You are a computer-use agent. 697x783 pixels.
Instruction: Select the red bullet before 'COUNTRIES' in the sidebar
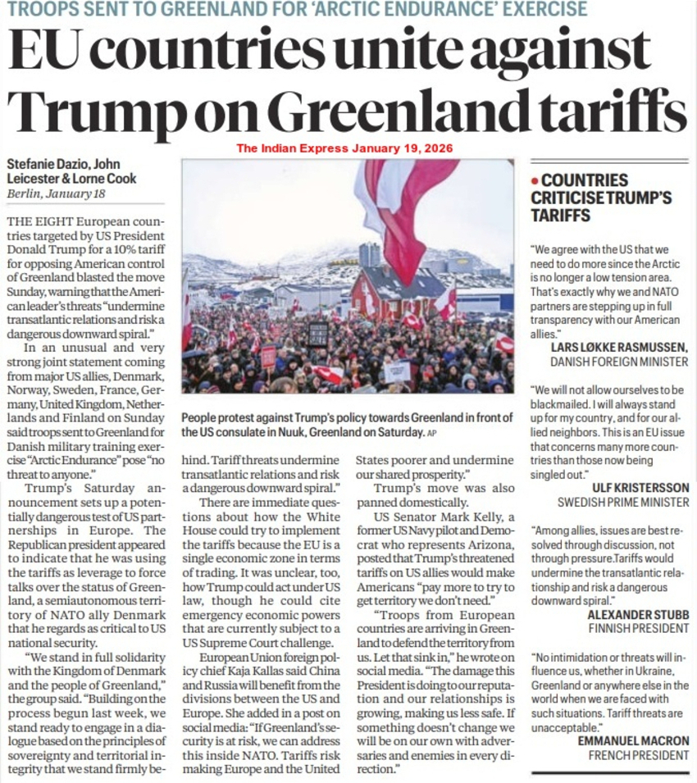(x=535, y=180)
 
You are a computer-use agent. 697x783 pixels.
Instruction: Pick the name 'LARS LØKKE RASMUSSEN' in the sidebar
(x=620, y=348)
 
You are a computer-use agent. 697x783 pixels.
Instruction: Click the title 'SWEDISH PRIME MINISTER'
(x=623, y=502)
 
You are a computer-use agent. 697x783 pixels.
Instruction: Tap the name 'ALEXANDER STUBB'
(x=639, y=614)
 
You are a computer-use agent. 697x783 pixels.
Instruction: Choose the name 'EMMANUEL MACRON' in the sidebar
(x=633, y=741)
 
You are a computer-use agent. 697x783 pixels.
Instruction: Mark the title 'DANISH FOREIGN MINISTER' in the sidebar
(x=619, y=362)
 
